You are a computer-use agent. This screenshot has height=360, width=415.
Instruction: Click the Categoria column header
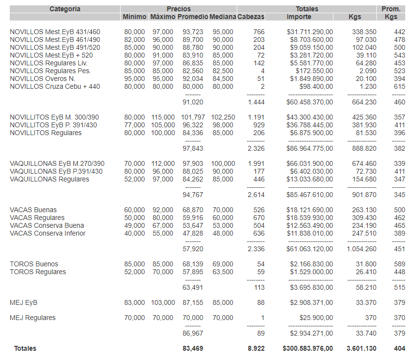click(65, 9)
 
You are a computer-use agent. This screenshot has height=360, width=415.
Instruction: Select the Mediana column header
click(223, 17)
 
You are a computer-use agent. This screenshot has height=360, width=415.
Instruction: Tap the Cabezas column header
click(251, 17)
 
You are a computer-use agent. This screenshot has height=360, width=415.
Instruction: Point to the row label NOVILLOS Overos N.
click(42, 79)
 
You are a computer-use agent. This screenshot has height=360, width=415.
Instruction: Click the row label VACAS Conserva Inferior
click(47, 233)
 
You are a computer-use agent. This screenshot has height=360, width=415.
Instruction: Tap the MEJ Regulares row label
click(33, 318)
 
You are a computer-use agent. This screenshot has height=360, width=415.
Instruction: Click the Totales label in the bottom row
click(25, 348)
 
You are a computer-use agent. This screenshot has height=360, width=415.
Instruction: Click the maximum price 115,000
click(163, 117)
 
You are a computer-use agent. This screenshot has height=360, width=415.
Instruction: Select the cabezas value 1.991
click(255, 163)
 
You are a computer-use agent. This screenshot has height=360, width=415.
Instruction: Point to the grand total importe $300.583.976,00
click(308, 348)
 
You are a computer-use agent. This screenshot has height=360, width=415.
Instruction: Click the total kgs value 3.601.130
click(361, 348)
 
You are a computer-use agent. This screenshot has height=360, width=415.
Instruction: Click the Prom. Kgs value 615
click(399, 86)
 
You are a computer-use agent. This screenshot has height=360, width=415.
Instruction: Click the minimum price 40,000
click(134, 233)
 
